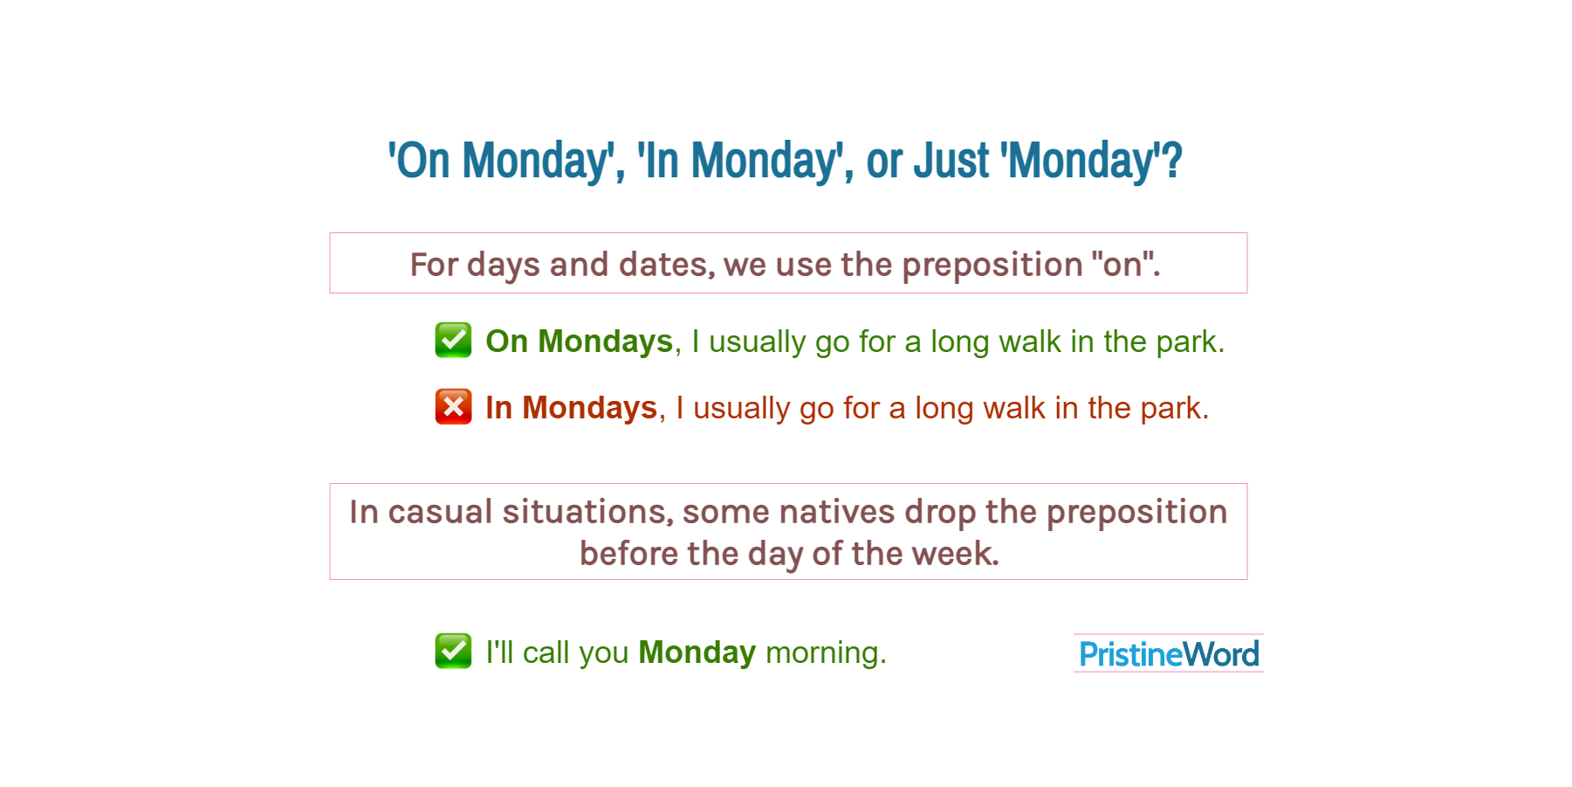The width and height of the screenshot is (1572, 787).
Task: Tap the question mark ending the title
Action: click(x=1172, y=161)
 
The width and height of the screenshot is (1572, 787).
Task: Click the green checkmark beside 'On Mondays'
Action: click(x=453, y=340)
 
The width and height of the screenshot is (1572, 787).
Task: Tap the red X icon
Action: click(x=453, y=406)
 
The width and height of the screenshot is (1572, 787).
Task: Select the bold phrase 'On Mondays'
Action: click(x=580, y=342)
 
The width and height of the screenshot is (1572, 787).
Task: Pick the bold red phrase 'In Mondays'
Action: click(x=572, y=408)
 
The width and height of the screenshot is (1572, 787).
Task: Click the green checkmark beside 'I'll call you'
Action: click(x=453, y=651)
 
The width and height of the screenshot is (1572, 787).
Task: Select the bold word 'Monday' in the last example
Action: click(x=697, y=653)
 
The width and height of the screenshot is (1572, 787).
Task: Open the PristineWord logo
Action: click(x=1169, y=653)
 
